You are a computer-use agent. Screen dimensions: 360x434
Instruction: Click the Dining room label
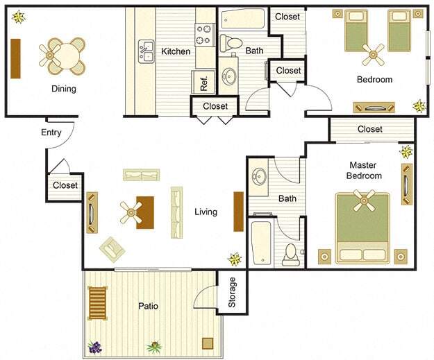click(x=63, y=89)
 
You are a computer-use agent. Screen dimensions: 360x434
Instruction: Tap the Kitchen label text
click(x=176, y=51)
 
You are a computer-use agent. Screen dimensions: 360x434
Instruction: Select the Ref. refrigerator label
click(x=204, y=83)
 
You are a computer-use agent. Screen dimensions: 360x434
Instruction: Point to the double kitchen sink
click(x=146, y=51)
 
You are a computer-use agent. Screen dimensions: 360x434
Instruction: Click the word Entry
click(x=51, y=132)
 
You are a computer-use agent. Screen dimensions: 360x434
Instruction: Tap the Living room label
click(x=206, y=212)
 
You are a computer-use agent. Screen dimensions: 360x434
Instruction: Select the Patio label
click(x=147, y=305)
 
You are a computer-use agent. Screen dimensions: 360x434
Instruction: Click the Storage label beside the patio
click(x=233, y=292)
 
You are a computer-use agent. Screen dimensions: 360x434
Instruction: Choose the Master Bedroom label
click(x=365, y=171)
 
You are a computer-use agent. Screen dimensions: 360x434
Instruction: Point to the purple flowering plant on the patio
click(x=94, y=346)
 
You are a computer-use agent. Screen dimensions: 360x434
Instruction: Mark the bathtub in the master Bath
click(x=262, y=242)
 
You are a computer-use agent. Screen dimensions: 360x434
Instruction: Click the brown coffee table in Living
click(x=144, y=212)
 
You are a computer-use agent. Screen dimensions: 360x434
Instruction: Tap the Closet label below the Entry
click(x=65, y=185)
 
